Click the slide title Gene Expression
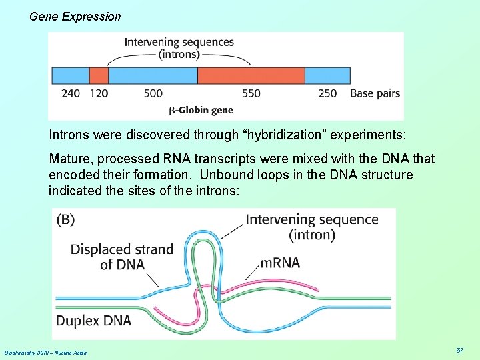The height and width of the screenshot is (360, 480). pyautogui.click(x=75, y=16)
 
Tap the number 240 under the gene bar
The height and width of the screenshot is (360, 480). pyautogui.click(x=70, y=93)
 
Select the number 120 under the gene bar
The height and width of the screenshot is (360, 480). pyautogui.click(x=99, y=93)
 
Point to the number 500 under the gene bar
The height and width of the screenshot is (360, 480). pyautogui.click(x=153, y=93)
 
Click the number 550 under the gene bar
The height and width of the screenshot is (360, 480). pyautogui.click(x=251, y=93)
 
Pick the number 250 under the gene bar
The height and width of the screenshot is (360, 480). pyautogui.click(x=327, y=93)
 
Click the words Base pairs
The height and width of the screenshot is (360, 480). pyautogui.click(x=375, y=93)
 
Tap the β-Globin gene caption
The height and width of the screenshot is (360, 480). pyautogui.click(x=200, y=109)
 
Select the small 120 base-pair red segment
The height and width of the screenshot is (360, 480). pyautogui.click(x=99, y=75)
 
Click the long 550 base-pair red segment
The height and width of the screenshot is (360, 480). pyautogui.click(x=251, y=75)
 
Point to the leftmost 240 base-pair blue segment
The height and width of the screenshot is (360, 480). pyautogui.click(x=70, y=75)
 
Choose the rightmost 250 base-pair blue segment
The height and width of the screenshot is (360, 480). pyautogui.click(x=327, y=75)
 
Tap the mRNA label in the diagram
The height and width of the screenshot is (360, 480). pyautogui.click(x=280, y=263)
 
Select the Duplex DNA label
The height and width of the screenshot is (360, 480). pyautogui.click(x=93, y=321)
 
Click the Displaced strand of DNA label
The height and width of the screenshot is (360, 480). pyautogui.click(x=121, y=257)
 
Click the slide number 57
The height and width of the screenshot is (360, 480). pyautogui.click(x=460, y=351)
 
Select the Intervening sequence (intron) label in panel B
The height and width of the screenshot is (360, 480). pyautogui.click(x=311, y=227)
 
